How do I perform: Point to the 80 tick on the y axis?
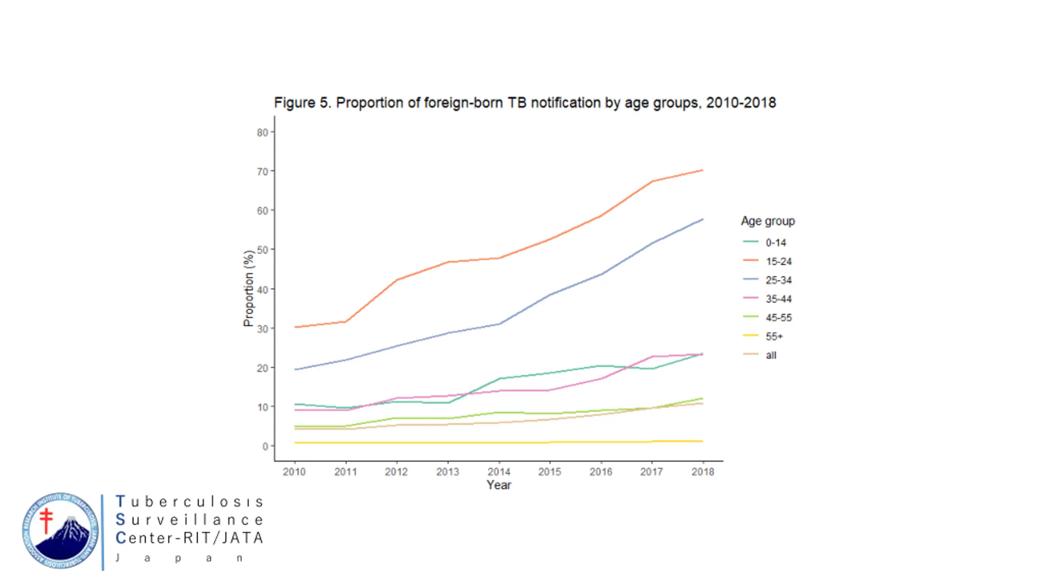coord(263,132)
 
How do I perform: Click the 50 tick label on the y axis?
coord(263,250)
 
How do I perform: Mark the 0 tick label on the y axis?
coord(265,446)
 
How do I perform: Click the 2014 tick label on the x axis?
coord(499,472)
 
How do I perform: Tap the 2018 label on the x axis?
coord(703,472)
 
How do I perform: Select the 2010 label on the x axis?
coord(294,472)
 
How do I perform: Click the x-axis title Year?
coord(499,485)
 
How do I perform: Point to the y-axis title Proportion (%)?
coord(248,288)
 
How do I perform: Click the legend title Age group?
coord(768,221)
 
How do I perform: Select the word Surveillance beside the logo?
coord(190,520)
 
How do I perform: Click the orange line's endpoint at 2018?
coord(702,170)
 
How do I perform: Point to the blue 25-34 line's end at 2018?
coord(702,219)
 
